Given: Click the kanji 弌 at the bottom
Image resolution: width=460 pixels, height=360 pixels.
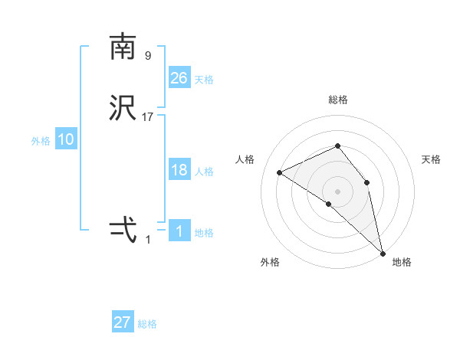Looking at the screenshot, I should (123, 229).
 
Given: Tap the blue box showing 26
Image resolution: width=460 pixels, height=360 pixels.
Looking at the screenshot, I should (179, 77).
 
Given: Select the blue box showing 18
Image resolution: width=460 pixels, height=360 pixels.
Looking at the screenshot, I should (179, 170).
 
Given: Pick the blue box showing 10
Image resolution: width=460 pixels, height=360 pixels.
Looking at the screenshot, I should (66, 139).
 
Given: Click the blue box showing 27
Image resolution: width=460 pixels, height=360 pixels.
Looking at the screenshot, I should (123, 322).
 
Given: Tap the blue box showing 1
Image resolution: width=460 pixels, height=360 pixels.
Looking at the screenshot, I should (179, 231).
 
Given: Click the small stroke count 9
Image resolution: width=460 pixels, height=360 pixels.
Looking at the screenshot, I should (148, 55).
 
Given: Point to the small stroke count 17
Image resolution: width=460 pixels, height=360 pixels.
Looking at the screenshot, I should (148, 117).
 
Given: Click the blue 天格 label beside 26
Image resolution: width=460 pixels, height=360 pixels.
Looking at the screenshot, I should (204, 80).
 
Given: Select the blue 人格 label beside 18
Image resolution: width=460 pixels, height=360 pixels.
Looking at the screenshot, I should (204, 172).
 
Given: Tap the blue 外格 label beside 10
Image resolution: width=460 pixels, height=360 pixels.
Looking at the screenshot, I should (41, 141).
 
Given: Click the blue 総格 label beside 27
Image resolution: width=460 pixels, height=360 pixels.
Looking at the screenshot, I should (147, 324).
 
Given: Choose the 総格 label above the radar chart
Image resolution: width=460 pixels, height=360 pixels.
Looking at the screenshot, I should (338, 100).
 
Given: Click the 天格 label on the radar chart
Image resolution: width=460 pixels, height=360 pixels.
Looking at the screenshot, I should (431, 159).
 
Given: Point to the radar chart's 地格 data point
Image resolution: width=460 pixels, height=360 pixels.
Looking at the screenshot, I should (383, 252).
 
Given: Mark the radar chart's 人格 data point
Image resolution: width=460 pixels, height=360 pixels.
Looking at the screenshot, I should (280, 172).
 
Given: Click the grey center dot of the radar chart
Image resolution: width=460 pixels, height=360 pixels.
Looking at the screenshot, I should (337, 191).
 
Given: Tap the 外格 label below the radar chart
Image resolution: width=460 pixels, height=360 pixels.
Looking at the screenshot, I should (270, 263).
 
